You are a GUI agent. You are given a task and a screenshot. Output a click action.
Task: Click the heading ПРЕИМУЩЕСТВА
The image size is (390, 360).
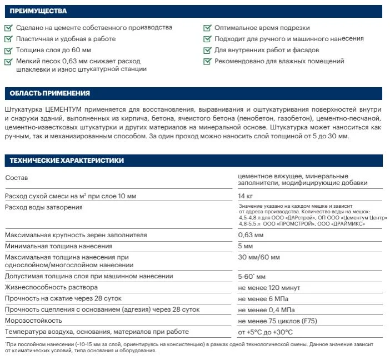[39, 11]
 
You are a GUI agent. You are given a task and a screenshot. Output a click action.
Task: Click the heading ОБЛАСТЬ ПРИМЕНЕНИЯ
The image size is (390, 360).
[50, 93]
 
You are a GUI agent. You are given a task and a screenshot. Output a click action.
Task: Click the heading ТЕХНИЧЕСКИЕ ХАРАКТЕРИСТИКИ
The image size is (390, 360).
[67, 161]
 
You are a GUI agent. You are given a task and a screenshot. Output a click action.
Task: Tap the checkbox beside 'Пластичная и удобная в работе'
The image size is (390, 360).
[8, 39]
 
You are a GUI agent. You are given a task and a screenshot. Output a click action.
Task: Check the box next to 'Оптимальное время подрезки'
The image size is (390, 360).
[207, 28]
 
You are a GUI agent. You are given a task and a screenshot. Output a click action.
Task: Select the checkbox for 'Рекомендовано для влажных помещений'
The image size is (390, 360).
[207, 61]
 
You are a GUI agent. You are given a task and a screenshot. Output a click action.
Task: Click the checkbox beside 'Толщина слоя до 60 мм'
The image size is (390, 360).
[8, 50]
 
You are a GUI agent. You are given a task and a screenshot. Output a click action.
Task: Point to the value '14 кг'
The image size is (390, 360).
[245, 196]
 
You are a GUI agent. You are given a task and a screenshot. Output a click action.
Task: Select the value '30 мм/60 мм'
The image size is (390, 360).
[259, 257]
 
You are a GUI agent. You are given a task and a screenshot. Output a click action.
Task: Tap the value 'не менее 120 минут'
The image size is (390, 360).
[268, 287]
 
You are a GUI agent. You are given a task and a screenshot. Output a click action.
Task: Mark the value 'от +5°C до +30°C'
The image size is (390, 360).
[265, 332]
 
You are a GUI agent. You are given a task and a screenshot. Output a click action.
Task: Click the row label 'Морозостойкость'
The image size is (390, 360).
[33, 321]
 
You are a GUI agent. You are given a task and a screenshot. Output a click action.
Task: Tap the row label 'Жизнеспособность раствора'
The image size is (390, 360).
[51, 287]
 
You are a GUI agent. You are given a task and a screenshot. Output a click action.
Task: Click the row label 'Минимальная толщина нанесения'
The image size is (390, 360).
[62, 246]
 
